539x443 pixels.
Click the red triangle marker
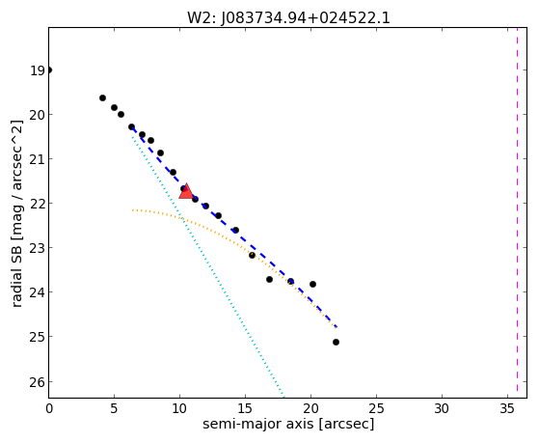coord(186,192)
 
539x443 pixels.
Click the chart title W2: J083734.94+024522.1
coord(288,17)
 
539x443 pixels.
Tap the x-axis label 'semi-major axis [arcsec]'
coord(288,424)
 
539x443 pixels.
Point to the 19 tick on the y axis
coord(38,70)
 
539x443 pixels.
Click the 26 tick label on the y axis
coord(38,382)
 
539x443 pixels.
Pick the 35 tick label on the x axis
coord(507,409)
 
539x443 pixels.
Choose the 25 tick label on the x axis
coord(376,409)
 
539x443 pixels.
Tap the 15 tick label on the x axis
coord(245,409)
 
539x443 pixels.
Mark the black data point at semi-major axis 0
coord(49,70)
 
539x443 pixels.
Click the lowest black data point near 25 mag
coord(336,343)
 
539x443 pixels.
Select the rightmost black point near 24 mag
coord(312,285)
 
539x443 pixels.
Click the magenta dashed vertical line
coord(517,212)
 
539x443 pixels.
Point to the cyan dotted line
coord(207,266)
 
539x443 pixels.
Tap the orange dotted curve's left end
coord(132,210)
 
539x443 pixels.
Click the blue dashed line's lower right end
coord(337,327)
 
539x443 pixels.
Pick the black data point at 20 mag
coord(121,114)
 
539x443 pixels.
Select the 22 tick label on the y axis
coord(38,204)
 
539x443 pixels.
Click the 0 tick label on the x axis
coord(49,409)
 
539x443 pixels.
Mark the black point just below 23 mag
coord(252,256)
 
